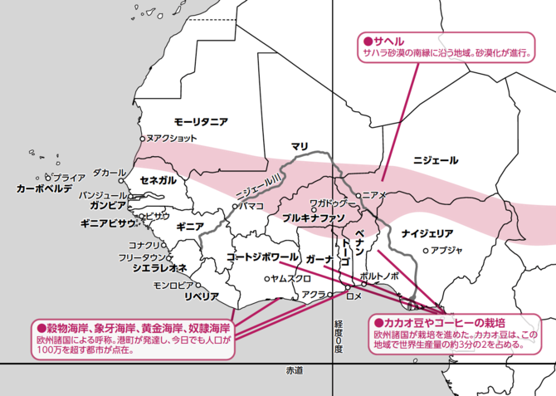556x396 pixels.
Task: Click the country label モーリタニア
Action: pyautogui.click(x=201, y=121)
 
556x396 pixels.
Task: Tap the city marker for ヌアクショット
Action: pyautogui.click(x=143, y=138)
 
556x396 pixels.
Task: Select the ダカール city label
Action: pyautogui.click(x=104, y=173)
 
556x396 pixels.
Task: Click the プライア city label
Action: pyautogui.click(x=68, y=178)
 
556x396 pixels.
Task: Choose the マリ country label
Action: pyautogui.click(x=300, y=146)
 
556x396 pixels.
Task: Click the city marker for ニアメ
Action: pyautogui.click(x=359, y=196)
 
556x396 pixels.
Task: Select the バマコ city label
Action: pyautogui.click(x=251, y=204)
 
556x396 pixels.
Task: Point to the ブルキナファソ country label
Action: pyautogui.click(x=314, y=218)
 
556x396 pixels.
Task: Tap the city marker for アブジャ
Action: pyautogui.click(x=426, y=250)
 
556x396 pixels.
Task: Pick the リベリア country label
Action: pyautogui.click(x=201, y=296)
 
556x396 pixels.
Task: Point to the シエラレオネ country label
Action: pyautogui.click(x=159, y=267)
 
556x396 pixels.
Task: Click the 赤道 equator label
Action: pyautogui.click(x=294, y=369)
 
